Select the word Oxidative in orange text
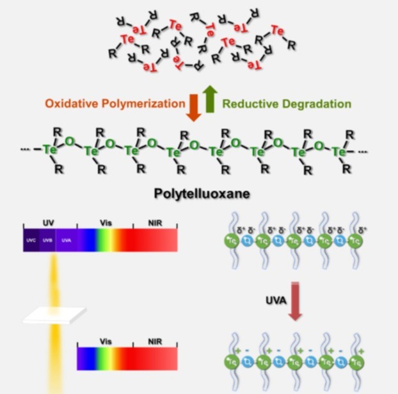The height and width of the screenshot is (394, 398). point(68,103)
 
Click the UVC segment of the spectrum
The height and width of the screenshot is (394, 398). point(31,240)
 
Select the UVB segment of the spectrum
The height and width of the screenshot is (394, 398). point(47,240)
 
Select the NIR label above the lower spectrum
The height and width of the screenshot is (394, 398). point(155,342)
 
